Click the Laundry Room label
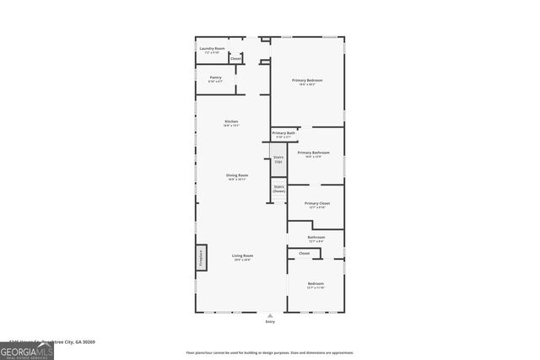tap(212, 50)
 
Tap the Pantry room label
tap(215, 78)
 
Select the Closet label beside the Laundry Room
tap(235, 58)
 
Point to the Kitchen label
tap(231, 122)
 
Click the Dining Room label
tap(236, 176)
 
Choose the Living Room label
tap(243, 256)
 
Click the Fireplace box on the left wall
tap(201, 257)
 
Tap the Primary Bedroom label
tap(307, 81)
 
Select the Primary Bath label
tap(283, 133)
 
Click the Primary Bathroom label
tap(313, 153)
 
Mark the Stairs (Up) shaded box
tap(278, 159)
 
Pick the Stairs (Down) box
tap(278, 190)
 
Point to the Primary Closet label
tap(317, 205)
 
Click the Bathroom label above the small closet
tap(316, 239)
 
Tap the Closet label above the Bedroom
tap(304, 253)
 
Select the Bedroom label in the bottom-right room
tap(316, 284)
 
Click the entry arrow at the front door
tap(270, 315)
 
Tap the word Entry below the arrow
tap(270, 322)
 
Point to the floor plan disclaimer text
tap(270, 352)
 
